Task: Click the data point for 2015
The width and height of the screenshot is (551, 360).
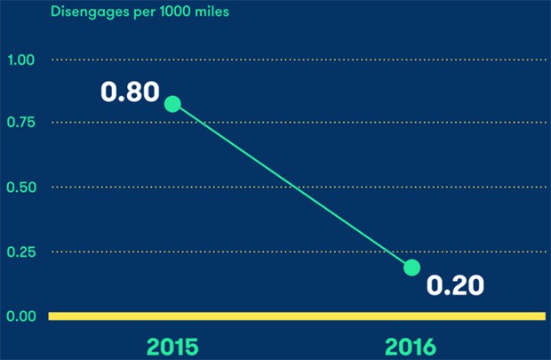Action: click(172, 104)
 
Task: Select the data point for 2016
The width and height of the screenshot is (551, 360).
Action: click(411, 268)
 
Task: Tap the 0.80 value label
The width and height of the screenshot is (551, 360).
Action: click(129, 92)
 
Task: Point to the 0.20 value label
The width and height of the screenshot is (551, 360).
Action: click(455, 285)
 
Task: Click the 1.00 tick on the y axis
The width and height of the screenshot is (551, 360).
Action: click(20, 60)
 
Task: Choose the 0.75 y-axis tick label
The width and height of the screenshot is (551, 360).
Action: click(20, 123)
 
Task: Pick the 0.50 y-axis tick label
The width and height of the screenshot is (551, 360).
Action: click(20, 188)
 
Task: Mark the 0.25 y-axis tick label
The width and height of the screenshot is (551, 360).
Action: click(20, 252)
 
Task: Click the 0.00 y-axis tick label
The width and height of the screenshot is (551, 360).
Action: click(20, 316)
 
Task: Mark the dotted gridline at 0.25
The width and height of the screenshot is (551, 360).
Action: click(222, 252)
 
